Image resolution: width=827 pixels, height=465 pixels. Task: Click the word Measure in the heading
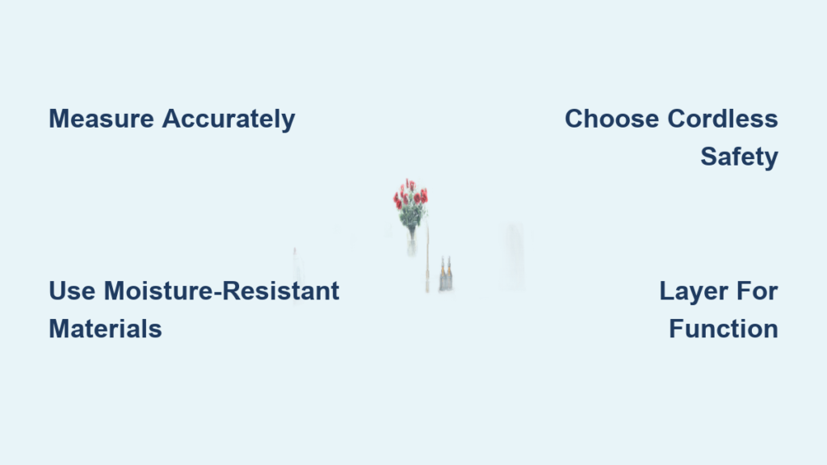click(x=101, y=119)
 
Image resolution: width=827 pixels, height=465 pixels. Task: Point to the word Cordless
click(x=723, y=119)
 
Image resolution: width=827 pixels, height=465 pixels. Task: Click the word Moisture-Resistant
click(x=221, y=291)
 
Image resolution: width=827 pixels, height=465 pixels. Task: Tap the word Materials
click(x=106, y=329)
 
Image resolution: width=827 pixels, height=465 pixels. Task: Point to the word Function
click(x=723, y=329)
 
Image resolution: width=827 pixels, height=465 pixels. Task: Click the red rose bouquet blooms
click(x=410, y=194)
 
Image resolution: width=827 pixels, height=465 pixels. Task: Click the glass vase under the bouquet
click(x=411, y=244)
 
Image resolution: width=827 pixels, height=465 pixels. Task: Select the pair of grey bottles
click(x=446, y=274)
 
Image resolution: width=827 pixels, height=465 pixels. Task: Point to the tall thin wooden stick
click(x=427, y=258)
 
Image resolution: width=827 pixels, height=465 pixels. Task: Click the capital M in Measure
click(x=60, y=119)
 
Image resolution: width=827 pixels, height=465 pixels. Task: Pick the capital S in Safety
click(x=710, y=157)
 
